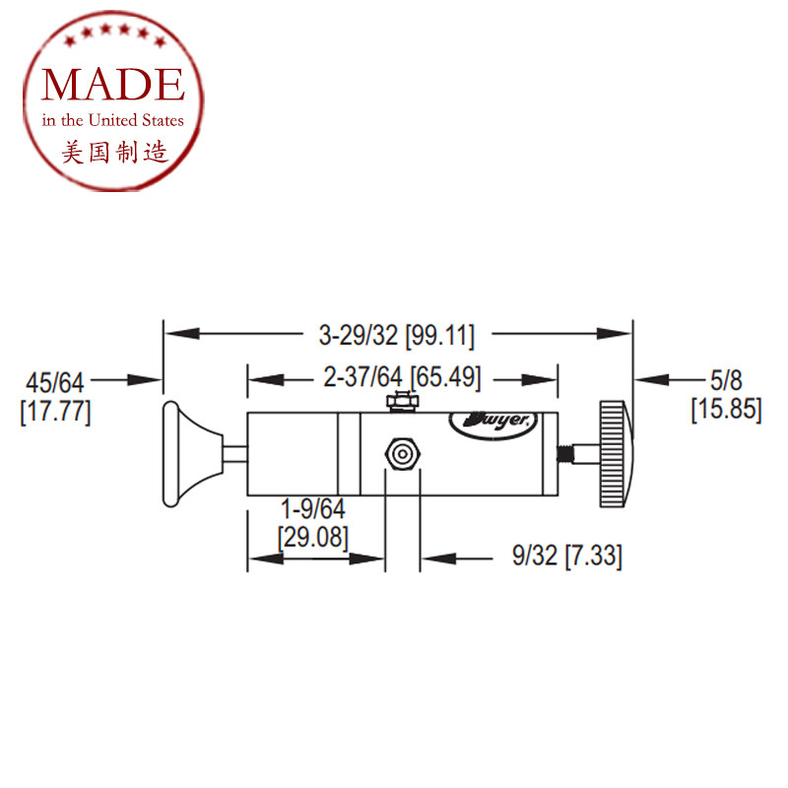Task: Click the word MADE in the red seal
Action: [113, 85]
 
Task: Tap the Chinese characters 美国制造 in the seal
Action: [114, 152]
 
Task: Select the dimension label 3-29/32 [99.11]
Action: [397, 335]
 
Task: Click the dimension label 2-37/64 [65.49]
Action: [402, 377]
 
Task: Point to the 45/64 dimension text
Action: [55, 383]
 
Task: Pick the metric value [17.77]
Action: [55, 412]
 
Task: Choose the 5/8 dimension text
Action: [726, 380]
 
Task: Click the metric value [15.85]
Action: [727, 409]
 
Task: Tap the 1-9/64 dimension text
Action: [312, 509]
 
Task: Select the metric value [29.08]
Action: [312, 537]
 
